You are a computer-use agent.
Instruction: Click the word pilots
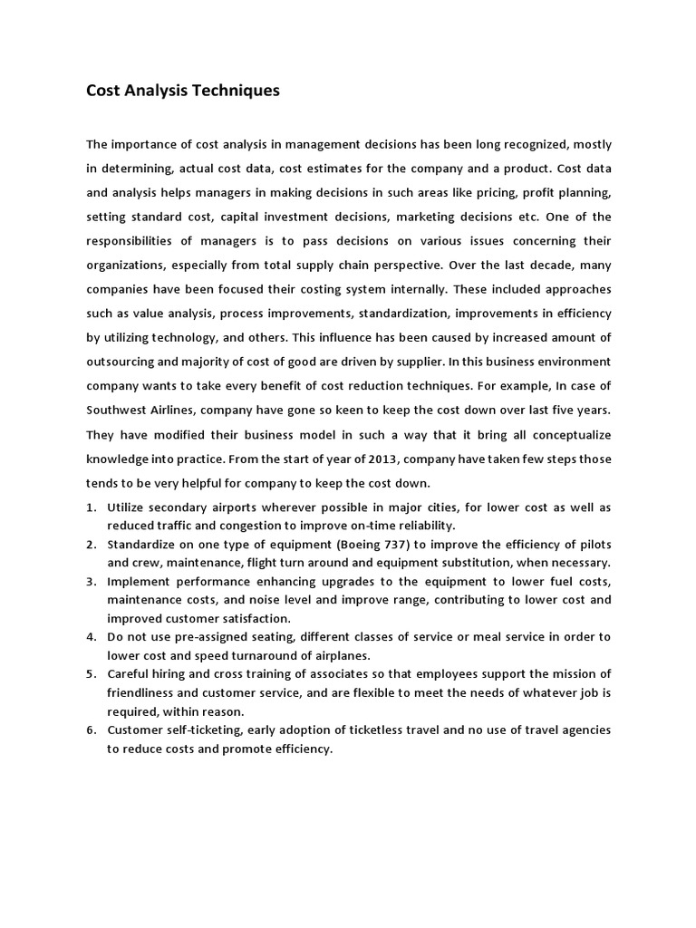pos(593,545)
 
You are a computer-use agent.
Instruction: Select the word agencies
pos(584,730)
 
